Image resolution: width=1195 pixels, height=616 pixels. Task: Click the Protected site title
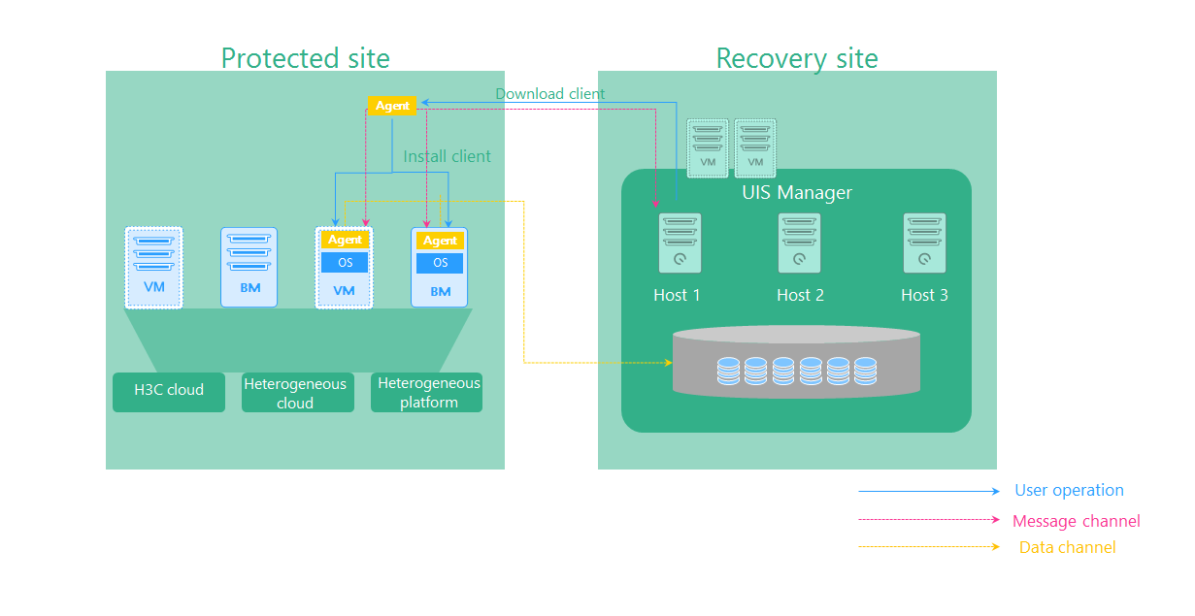pos(305,58)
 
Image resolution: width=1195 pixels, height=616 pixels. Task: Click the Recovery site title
pos(796,58)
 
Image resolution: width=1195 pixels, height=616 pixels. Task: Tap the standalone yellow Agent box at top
pos(392,106)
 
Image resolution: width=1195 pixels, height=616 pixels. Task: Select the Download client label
pos(549,94)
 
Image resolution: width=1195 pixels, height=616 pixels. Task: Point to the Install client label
pos(447,156)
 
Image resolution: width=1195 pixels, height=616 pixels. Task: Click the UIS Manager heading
pos(796,192)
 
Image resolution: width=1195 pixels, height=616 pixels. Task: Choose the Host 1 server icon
pos(680,243)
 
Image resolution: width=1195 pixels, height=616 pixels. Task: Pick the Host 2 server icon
pos(799,243)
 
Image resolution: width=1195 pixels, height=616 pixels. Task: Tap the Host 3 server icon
pos(924,243)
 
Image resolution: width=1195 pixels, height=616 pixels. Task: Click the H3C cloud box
pos(169,391)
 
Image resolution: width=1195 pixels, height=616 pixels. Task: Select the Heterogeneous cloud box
pos(297,393)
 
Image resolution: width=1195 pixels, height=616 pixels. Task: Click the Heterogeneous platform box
pos(427,393)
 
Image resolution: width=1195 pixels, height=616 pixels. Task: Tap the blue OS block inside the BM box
pos(440,263)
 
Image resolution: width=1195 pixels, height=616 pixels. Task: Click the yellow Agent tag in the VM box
pos(345,240)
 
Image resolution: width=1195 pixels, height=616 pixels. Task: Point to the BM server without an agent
pos(249,267)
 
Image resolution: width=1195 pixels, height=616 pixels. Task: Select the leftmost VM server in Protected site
pos(153,267)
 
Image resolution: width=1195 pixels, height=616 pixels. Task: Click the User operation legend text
pos(1069,491)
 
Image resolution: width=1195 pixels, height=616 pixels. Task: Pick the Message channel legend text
pos(1076,521)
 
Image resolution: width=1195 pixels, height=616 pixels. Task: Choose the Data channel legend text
pos(1067,548)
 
